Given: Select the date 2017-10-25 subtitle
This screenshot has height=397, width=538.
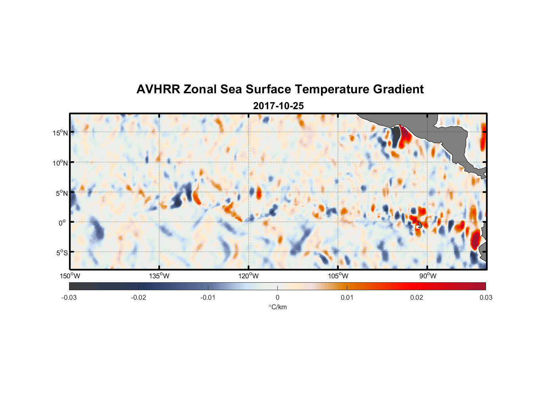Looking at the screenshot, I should (278, 106).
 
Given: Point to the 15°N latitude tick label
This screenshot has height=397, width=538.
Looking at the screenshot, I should (60, 133).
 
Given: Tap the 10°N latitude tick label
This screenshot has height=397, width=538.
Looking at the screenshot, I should (60, 163).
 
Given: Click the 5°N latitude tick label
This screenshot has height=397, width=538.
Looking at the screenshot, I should (61, 193).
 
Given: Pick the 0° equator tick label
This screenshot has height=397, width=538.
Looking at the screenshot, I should (62, 223).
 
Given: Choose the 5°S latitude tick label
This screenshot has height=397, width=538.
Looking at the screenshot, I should (61, 253).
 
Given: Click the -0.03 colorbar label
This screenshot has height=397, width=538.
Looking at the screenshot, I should (69, 298).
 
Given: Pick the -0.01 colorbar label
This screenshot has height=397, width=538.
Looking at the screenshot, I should (208, 298).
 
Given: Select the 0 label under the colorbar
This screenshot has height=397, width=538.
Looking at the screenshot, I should (277, 298).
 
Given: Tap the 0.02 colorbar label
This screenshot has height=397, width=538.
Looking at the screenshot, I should (417, 298).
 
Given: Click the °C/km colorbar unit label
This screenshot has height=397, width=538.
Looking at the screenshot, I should (277, 307).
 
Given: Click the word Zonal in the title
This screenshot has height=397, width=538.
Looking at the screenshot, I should (200, 89).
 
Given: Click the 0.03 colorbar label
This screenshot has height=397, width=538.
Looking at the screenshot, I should (486, 298).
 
